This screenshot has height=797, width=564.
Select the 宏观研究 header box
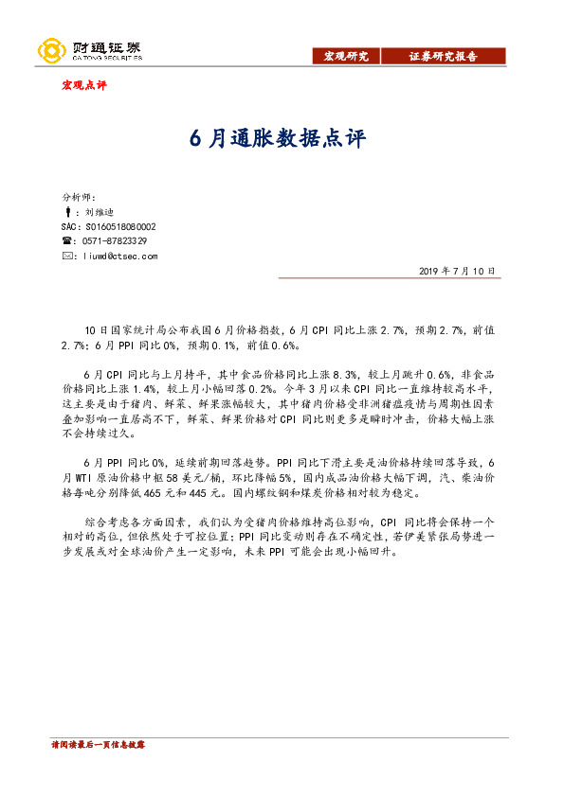[346, 57]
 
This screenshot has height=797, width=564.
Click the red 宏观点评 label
[84, 85]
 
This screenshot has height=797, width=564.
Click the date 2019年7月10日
[457, 271]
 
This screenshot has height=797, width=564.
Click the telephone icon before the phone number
[66, 241]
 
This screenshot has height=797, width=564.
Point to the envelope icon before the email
[66, 256]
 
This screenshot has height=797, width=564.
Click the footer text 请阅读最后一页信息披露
[98, 746]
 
